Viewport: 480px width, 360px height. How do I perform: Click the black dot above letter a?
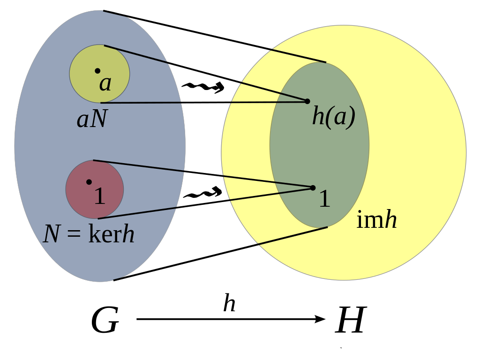click(97, 71)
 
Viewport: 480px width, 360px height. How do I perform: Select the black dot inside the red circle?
click(89, 182)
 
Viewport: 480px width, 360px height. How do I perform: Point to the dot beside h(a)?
click(307, 101)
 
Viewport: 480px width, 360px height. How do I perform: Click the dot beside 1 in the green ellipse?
click(313, 188)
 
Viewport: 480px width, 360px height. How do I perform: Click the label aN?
click(92, 119)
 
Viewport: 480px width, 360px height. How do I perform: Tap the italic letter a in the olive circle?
click(105, 83)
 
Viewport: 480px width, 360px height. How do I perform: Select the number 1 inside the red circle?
click(99, 196)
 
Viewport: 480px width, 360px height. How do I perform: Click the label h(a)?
click(334, 116)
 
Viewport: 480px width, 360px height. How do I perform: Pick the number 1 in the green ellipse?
click(324, 199)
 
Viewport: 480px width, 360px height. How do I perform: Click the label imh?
click(376, 220)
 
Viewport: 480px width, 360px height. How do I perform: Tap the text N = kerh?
click(89, 234)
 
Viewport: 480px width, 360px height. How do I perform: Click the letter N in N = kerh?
click(52, 234)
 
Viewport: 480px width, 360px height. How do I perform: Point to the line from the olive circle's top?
click(136, 54)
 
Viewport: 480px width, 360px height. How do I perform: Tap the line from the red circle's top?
click(138, 166)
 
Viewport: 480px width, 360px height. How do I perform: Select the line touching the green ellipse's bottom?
click(293, 236)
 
